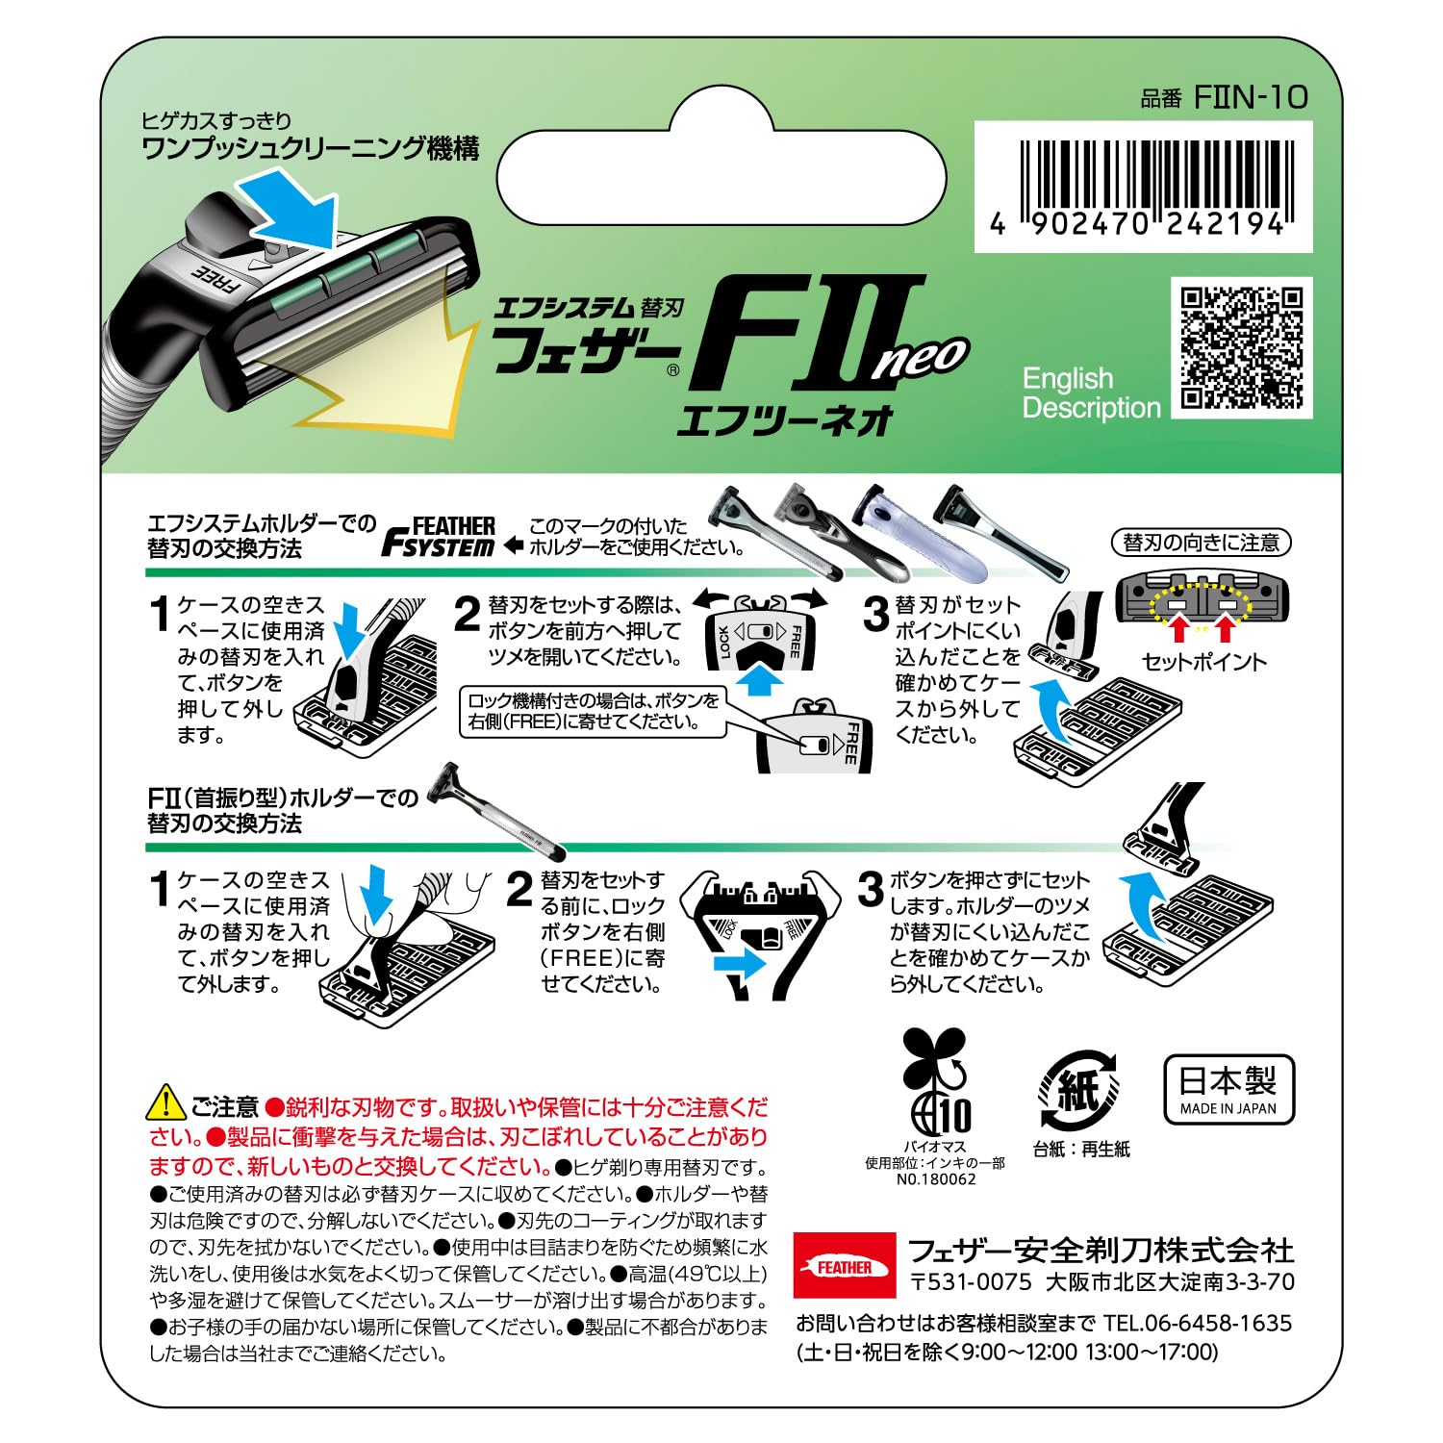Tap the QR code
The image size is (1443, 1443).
[x=1242, y=347]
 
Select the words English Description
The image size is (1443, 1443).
[x=1091, y=392]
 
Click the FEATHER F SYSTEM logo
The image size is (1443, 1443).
[x=441, y=538]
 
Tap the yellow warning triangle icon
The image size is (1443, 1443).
[x=165, y=1103]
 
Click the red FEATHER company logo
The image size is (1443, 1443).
[x=844, y=1267]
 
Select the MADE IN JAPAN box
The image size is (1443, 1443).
[x=1228, y=1090]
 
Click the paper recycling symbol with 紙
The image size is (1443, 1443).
[x=1079, y=1091]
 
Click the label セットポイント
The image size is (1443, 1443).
[x=1203, y=662]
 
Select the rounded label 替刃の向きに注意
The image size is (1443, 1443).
[x=1201, y=543]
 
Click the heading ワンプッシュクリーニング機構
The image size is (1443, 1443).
[x=310, y=148]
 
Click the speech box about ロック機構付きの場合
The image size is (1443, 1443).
[x=593, y=711]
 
